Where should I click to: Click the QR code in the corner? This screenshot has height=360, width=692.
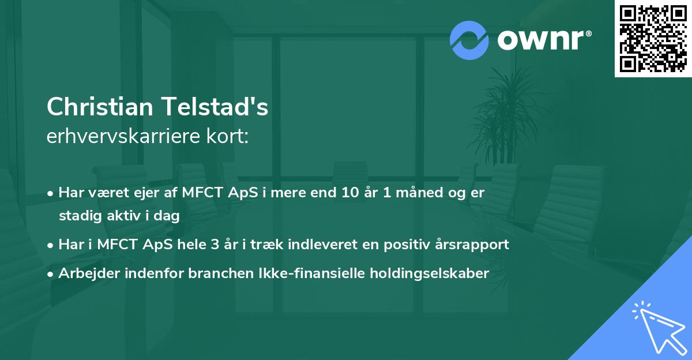click(x=653, y=38)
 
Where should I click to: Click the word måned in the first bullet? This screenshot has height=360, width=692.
click(x=419, y=193)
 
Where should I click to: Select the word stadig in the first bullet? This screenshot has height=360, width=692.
click(x=78, y=216)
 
